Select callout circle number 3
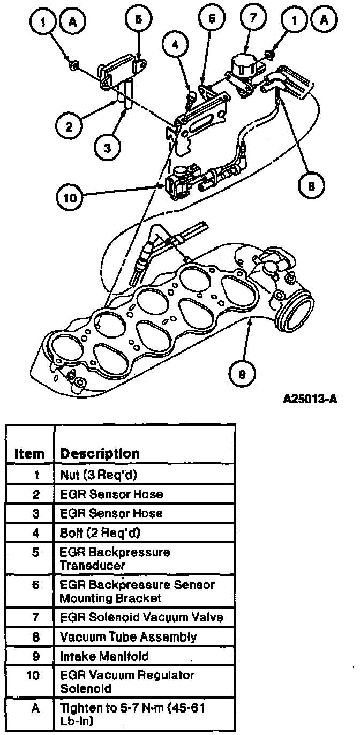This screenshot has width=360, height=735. (108, 148)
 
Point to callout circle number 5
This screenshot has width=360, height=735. (138, 20)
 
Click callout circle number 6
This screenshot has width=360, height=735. (211, 20)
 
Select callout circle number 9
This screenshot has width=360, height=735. (242, 374)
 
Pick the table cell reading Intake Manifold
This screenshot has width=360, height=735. (96, 656)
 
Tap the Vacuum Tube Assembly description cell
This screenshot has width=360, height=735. (128, 637)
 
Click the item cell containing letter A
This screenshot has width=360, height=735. (35, 708)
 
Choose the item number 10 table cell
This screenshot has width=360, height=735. (33, 675)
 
